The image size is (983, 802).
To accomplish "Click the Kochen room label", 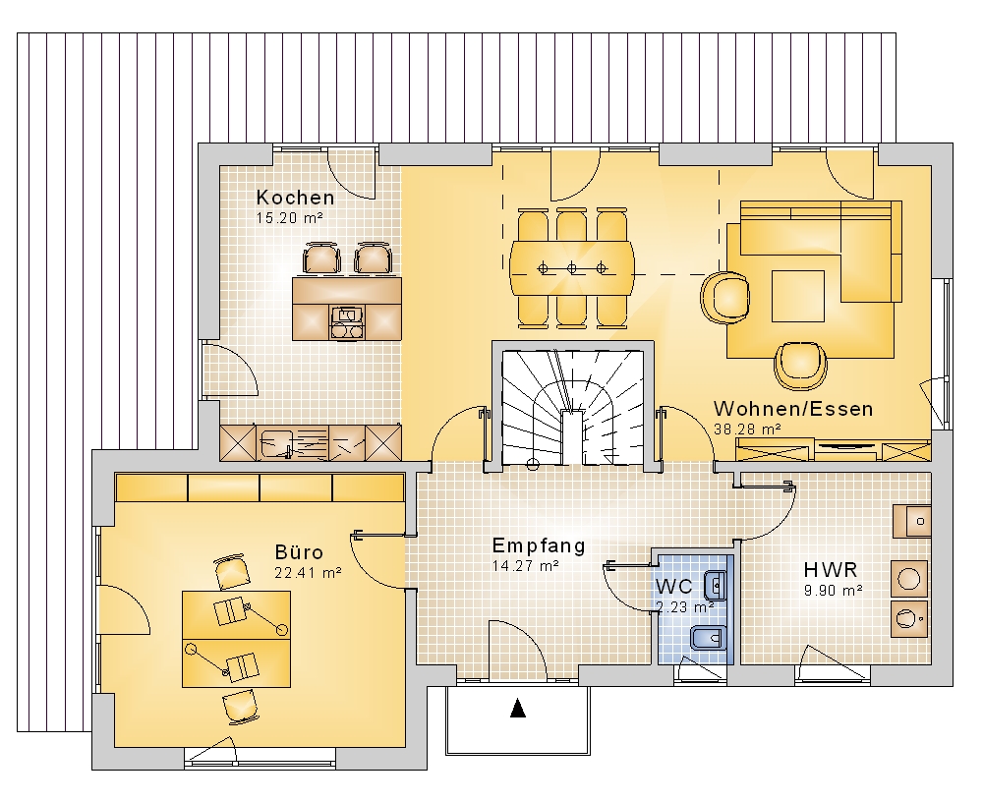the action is (295, 198).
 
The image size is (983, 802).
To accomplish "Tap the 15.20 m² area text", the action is (289, 218).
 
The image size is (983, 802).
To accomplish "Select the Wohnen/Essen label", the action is (793, 409).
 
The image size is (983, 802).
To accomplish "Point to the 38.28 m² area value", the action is (747, 430).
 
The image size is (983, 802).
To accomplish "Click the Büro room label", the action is (299, 551).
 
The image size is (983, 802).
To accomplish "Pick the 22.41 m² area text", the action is (308, 572).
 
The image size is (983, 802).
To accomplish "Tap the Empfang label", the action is (539, 545).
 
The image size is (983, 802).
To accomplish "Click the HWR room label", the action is (831, 569).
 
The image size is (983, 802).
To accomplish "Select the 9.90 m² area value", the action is (834, 590).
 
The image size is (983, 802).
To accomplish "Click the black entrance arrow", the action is (518, 708).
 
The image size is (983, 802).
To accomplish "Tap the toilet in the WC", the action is (708, 639).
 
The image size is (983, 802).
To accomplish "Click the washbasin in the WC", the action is (715, 586).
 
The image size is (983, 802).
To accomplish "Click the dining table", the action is (572, 268).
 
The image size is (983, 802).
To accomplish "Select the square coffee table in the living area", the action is (798, 296).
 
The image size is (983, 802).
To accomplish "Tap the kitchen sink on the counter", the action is (274, 442).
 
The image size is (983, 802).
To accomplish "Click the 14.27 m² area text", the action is (525, 566).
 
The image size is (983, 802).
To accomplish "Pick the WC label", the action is (674, 587).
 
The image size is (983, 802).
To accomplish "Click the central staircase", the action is (573, 408).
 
